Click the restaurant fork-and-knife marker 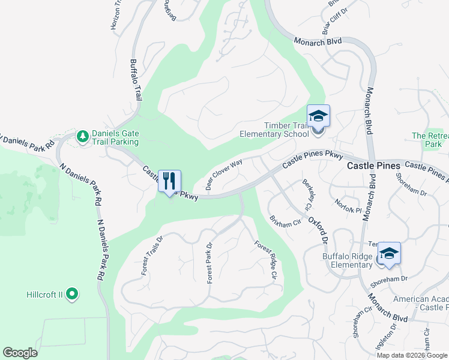click(x=169, y=181)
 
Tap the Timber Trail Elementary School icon click(x=318, y=116)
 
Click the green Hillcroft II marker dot click(x=72, y=294)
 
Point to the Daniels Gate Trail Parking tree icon click(x=83, y=137)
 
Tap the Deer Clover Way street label click(x=224, y=175)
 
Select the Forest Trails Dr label click(x=152, y=255)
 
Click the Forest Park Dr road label click(x=209, y=263)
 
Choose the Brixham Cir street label click(x=285, y=221)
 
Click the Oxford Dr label click(x=319, y=230)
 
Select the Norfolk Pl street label click(x=349, y=206)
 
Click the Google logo click(x=20, y=353)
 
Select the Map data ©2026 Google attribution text click(x=411, y=355)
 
